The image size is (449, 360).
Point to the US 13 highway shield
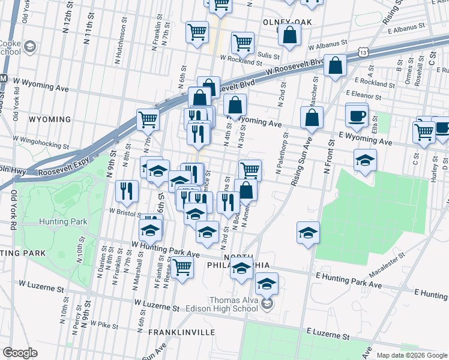click(364, 53)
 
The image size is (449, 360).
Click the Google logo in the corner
click(20, 353)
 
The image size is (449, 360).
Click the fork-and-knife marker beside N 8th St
click(126, 191)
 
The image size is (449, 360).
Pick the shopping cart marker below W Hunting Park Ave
click(182, 267)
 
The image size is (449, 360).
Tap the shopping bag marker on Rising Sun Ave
click(312, 119)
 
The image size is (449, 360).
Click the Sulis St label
click(268, 54)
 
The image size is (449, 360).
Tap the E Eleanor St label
click(364, 95)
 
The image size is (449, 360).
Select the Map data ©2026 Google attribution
click(412, 355)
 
